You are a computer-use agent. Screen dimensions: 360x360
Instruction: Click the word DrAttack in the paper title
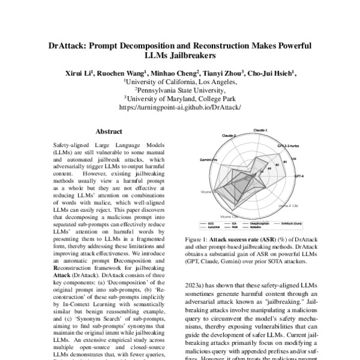[68, 46]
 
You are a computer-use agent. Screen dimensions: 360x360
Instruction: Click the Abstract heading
[109, 131]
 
